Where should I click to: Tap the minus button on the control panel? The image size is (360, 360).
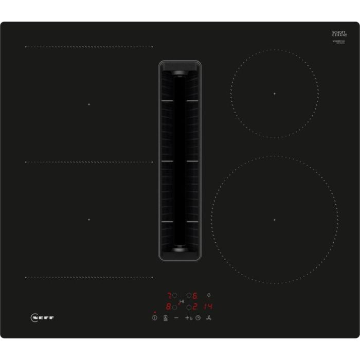click(176, 318)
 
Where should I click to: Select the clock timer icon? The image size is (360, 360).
click(197, 318)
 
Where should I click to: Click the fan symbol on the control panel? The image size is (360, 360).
click(209, 318)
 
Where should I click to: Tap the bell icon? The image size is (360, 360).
click(208, 296)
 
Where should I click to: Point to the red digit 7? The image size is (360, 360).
click(168, 296)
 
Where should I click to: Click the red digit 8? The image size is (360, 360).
click(168, 307)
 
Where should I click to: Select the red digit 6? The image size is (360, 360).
click(195, 296)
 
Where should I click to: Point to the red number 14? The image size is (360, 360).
click(208, 307)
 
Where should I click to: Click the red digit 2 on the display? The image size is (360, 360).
click(195, 307)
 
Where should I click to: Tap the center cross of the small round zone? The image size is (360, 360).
click(275, 94)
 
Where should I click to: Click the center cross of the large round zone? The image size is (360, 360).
click(275, 220)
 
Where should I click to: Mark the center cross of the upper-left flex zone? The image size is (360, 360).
click(88, 104)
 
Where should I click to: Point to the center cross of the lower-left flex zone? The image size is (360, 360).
click(88, 220)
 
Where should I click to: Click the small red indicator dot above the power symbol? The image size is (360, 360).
click(154, 312)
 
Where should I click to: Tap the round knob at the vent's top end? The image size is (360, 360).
click(180, 75)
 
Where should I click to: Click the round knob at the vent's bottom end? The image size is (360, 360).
click(180, 247)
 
